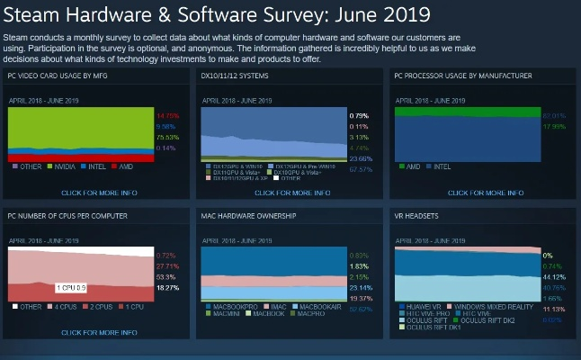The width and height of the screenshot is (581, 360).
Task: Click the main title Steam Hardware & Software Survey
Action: (x=216, y=15)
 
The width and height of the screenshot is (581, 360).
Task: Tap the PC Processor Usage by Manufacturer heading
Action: (x=463, y=76)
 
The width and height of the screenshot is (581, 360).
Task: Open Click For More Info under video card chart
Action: (x=99, y=193)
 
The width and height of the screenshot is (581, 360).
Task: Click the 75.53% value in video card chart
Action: (x=168, y=138)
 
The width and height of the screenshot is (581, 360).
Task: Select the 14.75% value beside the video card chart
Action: (x=168, y=116)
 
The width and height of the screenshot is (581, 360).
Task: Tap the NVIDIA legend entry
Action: (x=64, y=167)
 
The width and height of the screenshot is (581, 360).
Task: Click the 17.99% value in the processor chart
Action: (x=555, y=127)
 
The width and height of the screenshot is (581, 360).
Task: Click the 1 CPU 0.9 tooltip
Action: (x=71, y=287)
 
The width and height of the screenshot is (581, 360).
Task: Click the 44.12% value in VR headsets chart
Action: (x=554, y=277)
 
